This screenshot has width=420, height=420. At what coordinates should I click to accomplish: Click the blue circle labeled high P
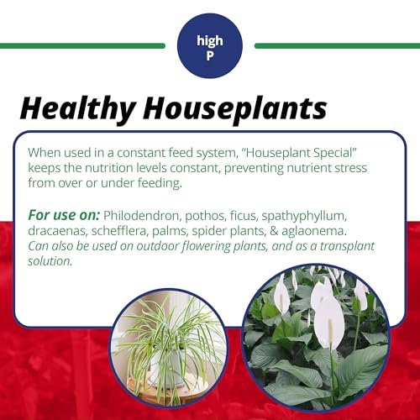pos(210,45)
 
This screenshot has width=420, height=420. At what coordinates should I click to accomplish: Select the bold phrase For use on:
pos(63,215)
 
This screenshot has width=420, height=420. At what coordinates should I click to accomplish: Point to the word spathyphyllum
pos(323,215)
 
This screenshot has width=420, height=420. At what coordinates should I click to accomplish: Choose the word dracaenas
pos(60,230)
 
